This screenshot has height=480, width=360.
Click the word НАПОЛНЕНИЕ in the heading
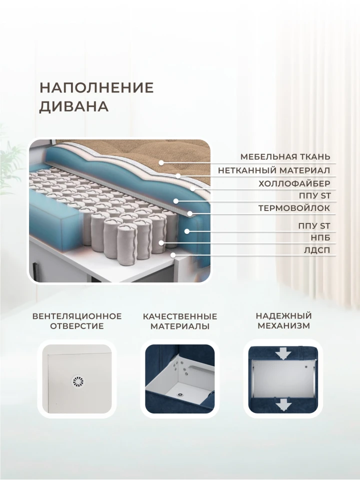(x=96, y=88)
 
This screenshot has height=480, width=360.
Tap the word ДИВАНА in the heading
(x=74, y=106)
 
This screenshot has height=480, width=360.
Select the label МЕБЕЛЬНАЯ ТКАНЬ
(x=285, y=156)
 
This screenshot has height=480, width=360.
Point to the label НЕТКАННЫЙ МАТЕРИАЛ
(x=274, y=170)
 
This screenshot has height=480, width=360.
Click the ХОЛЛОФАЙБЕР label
(x=294, y=183)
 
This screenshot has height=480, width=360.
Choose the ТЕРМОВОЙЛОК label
(x=294, y=208)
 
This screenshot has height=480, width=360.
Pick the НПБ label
(x=321, y=238)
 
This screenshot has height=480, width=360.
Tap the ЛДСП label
(x=317, y=250)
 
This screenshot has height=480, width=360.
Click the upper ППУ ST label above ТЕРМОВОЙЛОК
(x=314, y=195)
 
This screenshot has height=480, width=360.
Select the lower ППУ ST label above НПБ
(x=314, y=226)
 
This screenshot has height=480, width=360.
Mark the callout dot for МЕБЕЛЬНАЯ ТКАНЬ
(x=161, y=162)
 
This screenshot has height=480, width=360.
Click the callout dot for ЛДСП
(x=173, y=254)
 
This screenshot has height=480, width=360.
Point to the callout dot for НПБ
(x=161, y=243)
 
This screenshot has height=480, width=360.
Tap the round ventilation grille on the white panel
(x=77, y=381)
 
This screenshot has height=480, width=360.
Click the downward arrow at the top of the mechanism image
(x=283, y=353)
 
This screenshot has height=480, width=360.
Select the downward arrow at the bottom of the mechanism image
(x=283, y=404)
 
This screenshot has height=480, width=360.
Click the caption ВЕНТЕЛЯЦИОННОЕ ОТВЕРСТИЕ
(x=77, y=321)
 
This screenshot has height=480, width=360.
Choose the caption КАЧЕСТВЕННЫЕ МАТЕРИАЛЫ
(x=180, y=321)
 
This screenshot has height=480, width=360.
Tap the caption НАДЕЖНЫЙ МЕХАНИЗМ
(x=284, y=320)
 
